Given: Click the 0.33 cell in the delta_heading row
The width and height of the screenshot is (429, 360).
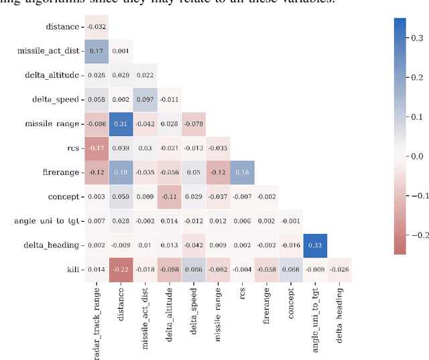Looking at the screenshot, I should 314,245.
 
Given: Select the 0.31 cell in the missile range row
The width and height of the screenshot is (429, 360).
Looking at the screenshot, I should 121,123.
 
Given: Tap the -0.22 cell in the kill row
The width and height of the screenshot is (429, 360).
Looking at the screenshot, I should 121,269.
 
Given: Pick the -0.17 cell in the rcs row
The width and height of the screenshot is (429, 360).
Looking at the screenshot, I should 96,147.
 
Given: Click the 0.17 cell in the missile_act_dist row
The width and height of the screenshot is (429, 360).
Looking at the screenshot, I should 96,51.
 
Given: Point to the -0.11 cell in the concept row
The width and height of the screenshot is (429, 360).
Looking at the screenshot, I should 169,196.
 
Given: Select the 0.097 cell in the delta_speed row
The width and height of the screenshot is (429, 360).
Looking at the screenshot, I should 145,99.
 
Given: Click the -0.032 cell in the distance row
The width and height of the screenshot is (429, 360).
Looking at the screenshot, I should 96,27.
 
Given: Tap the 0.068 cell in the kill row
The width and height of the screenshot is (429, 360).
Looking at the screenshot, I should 290,269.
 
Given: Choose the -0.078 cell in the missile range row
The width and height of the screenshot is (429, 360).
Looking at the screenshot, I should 193,123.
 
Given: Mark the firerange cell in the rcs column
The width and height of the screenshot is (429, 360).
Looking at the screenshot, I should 242,172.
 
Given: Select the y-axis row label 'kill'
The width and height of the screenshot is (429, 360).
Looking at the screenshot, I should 71,269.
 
